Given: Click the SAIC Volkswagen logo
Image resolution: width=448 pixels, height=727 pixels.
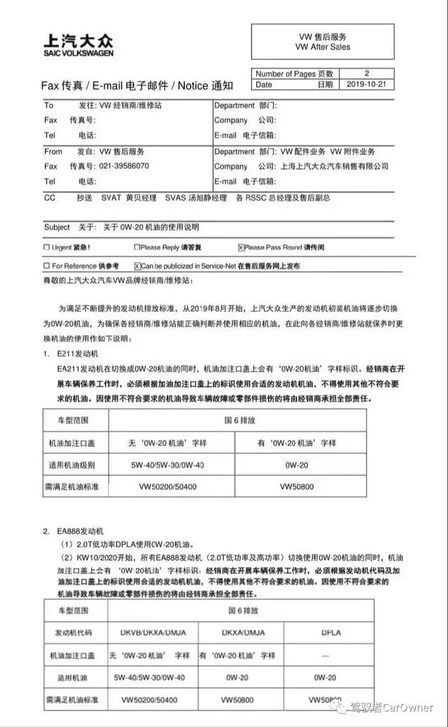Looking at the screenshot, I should (77, 45).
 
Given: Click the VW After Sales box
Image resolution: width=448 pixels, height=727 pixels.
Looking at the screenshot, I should (323, 42).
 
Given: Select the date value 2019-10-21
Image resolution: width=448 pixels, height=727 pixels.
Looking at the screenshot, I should (370, 84).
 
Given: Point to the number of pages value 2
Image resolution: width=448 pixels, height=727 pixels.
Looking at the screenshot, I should (367, 74).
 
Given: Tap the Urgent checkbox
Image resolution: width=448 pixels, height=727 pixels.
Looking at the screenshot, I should (46, 247).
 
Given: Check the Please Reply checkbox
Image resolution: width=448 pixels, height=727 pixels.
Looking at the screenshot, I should (136, 247).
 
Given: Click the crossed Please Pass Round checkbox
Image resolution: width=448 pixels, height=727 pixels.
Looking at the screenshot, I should (241, 247).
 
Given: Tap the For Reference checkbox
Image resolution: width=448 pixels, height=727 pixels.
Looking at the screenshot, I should (46, 266).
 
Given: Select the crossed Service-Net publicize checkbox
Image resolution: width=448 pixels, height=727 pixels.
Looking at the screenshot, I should (137, 266).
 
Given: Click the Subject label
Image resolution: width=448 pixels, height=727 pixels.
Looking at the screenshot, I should (57, 227).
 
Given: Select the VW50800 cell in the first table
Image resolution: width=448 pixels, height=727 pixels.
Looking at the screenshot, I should (298, 487).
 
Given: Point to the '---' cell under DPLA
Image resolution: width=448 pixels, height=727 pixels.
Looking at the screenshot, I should (325, 655).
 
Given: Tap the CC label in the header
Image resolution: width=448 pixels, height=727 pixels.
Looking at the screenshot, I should (50, 198).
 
